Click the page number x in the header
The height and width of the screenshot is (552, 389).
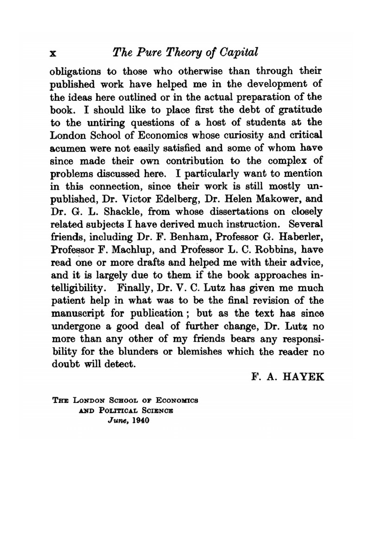coord(54,53)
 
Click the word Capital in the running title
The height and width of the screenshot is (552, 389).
coord(239,52)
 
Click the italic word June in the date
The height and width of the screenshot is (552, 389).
coord(117,421)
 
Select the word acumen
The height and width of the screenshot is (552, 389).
coord(69,148)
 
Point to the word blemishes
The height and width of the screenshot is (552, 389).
coord(200,352)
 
